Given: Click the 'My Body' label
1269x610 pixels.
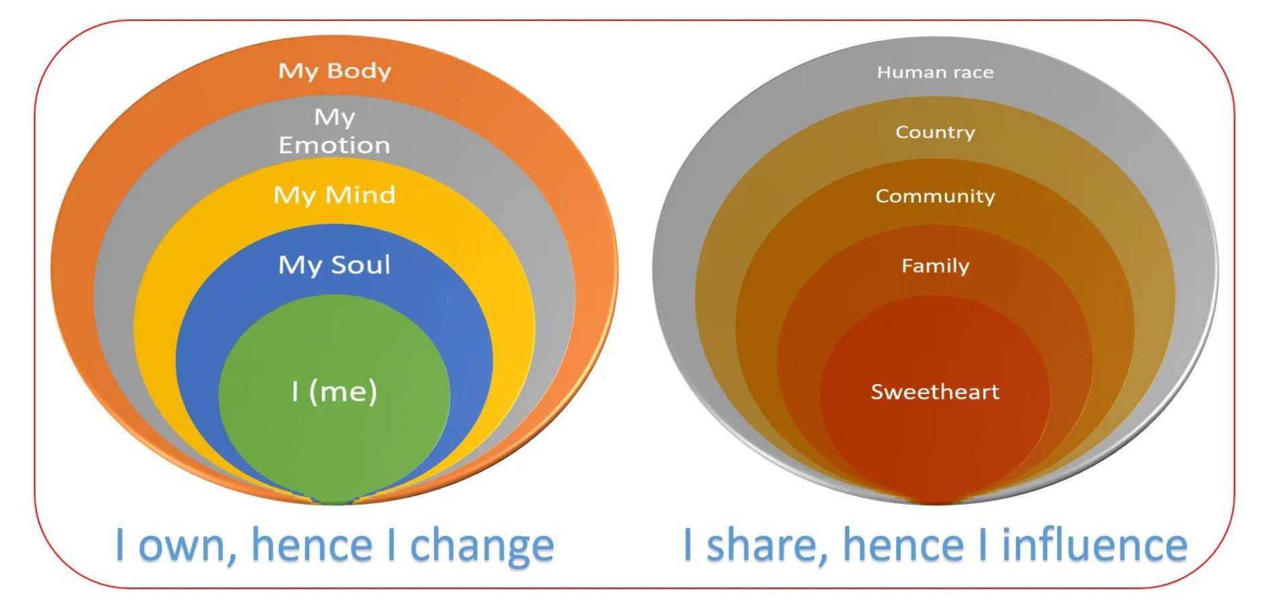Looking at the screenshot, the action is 335,71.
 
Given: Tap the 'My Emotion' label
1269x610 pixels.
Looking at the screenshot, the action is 335,131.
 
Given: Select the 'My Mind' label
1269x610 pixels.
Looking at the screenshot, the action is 335,195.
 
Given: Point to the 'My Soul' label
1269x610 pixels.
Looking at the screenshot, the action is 335,265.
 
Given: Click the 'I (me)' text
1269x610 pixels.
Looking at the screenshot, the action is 335,391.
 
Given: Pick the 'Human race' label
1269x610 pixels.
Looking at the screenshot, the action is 935,72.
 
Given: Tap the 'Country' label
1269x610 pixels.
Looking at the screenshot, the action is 935,132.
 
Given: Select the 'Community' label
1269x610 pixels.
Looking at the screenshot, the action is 935,196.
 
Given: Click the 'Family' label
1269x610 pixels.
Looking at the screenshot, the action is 935,265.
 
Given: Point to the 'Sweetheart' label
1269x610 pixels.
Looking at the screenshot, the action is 935,391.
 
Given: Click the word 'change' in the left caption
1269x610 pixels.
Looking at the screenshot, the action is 482,545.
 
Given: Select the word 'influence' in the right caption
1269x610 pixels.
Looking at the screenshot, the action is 1094,544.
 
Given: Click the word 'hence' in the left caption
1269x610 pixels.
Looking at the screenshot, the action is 312,544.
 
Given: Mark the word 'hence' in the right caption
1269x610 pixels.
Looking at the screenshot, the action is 903,544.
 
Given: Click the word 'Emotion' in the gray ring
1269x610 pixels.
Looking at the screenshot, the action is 335,145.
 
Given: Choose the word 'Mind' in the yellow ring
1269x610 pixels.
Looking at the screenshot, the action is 360,194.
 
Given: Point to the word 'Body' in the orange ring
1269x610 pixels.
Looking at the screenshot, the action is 360,70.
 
